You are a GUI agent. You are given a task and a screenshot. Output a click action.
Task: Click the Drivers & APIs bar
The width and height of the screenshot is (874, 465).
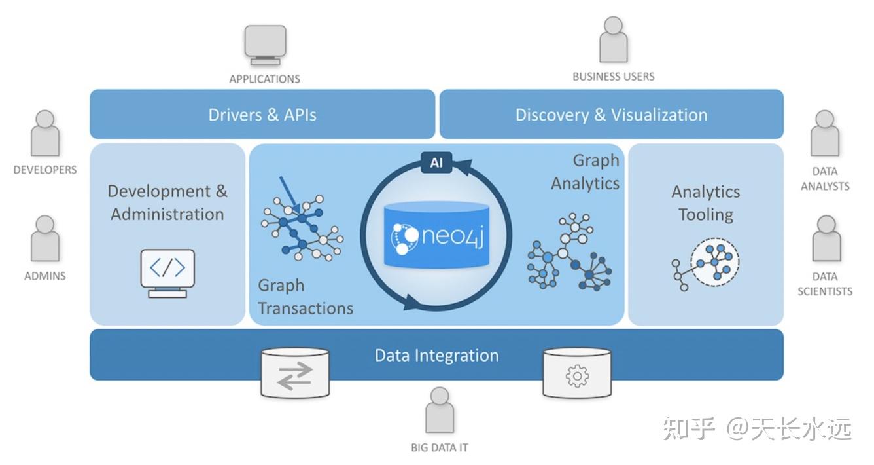(262, 115)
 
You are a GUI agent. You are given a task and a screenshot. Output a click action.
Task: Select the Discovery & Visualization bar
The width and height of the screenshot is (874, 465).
(611, 115)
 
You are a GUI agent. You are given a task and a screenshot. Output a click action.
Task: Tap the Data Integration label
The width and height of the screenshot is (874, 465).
(436, 356)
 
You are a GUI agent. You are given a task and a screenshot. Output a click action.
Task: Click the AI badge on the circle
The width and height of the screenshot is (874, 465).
(436, 163)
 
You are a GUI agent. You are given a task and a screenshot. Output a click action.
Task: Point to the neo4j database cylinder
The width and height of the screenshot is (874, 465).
(436, 234)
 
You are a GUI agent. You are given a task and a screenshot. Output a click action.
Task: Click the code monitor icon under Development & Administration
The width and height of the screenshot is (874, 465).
(167, 272)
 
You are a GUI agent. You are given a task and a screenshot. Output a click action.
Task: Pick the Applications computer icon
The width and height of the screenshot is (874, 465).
(265, 45)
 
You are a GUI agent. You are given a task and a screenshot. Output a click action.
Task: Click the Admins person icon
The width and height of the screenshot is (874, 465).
(45, 239)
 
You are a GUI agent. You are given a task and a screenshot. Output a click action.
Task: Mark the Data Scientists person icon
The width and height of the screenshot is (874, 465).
(826, 239)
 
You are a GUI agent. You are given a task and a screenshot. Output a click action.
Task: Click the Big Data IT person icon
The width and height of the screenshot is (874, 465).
(439, 410)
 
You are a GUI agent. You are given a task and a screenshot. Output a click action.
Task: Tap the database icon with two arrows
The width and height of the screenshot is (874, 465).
(294, 373)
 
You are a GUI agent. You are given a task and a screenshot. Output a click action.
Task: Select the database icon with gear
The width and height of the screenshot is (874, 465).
(577, 373)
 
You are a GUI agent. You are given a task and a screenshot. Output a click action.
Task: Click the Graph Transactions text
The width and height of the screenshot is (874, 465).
(305, 297)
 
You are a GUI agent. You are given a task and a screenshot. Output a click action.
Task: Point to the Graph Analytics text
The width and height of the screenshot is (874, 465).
(586, 172)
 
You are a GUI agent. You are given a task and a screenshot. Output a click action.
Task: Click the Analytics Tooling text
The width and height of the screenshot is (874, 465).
(705, 203)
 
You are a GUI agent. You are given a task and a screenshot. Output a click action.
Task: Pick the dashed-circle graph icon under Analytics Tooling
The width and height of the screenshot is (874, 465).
(714, 262)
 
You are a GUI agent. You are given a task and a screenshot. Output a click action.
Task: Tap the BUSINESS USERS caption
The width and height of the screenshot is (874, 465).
(613, 77)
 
